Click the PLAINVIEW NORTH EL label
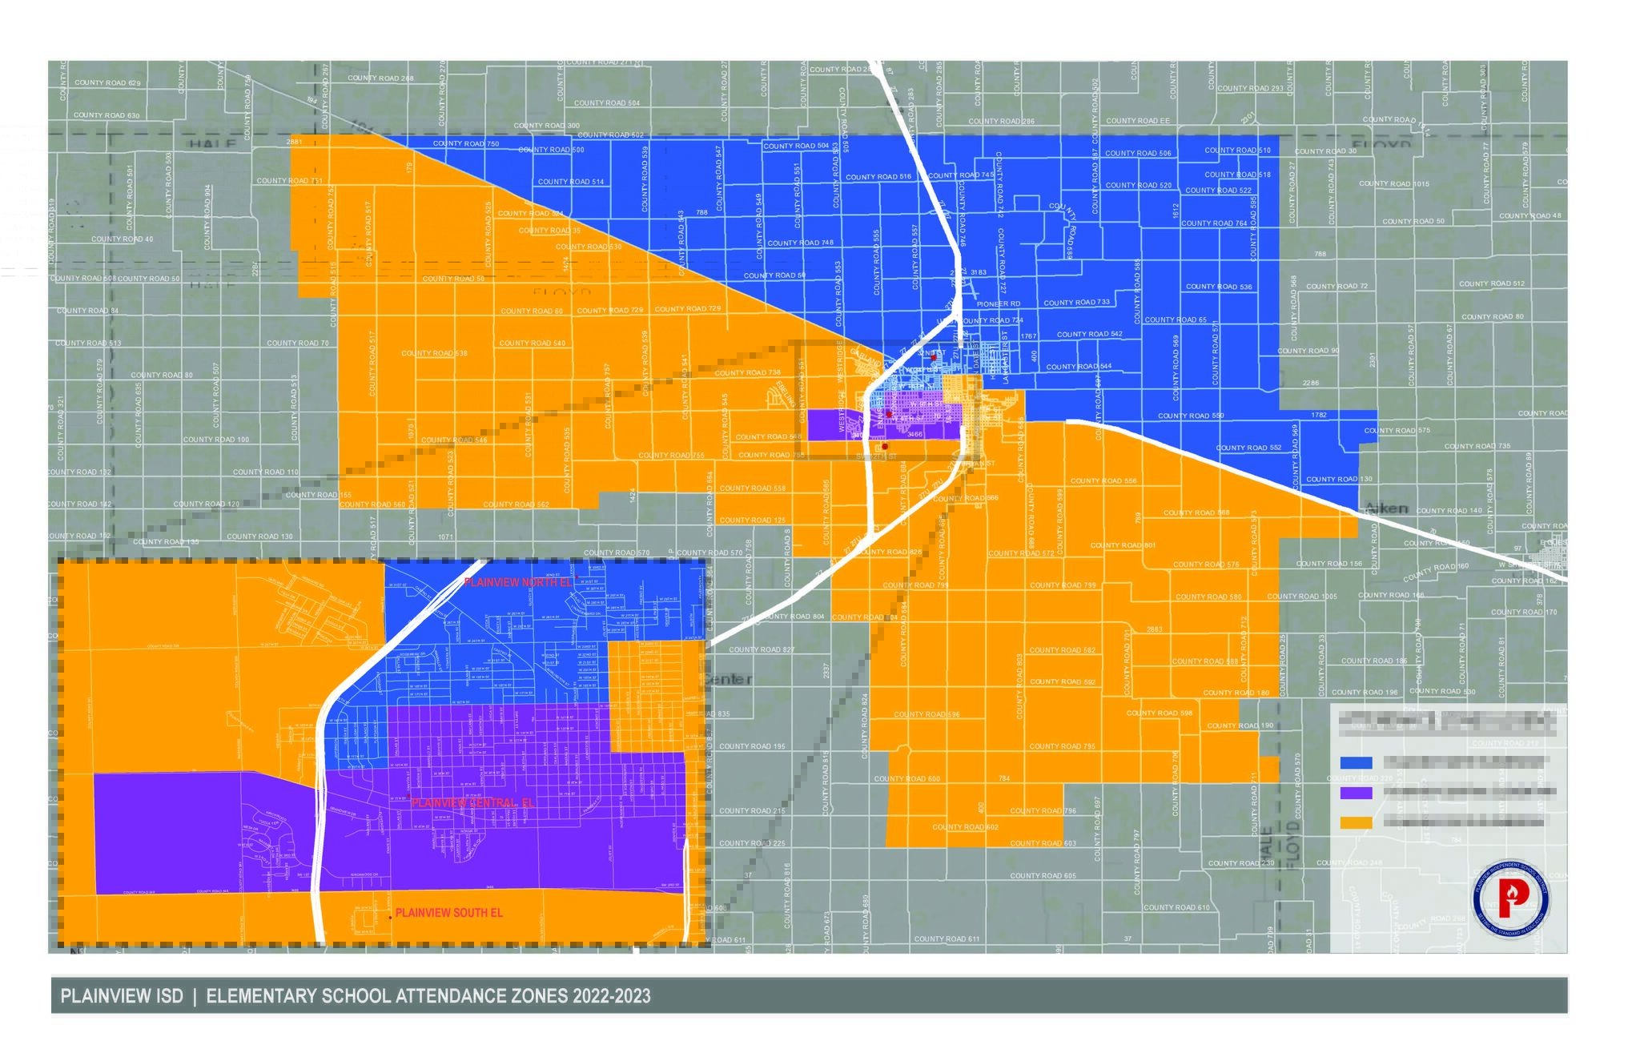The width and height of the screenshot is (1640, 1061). (517, 583)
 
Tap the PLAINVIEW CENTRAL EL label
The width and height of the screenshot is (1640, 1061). (472, 802)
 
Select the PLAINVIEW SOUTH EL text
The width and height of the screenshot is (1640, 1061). (448, 913)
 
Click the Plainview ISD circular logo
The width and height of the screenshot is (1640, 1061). (1510, 900)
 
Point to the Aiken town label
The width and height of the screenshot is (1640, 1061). (1385, 508)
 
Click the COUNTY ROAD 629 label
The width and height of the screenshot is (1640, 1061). (107, 83)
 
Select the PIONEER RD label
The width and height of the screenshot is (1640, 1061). (999, 304)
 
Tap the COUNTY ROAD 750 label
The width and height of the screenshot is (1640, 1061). (466, 144)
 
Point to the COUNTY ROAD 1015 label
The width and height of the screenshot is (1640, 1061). (1394, 184)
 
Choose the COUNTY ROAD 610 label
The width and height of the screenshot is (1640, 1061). (1176, 908)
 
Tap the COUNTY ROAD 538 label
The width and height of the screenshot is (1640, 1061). (434, 353)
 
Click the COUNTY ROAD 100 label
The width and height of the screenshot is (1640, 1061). (216, 440)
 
